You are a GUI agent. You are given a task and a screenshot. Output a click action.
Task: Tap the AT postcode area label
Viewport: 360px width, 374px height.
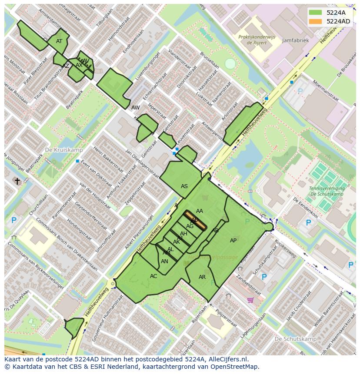pos(59,41)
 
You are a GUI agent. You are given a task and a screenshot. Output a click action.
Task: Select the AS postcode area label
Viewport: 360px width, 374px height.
pos(184,186)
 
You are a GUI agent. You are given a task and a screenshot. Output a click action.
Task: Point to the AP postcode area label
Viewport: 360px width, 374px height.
pos(233,241)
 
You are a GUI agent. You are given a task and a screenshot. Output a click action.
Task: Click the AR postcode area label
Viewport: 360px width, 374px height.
pos(202,277)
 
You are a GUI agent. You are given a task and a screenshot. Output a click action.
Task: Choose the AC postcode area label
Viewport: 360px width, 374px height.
pos(153,276)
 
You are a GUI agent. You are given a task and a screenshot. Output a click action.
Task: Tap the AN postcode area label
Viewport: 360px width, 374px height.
pos(164,261)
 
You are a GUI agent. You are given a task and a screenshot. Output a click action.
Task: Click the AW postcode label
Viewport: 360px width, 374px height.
pos(136,107)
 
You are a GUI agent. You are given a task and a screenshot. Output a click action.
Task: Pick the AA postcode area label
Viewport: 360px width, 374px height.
pos(200,211)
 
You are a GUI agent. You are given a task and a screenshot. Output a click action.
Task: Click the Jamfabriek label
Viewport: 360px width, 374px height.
pos(295,40)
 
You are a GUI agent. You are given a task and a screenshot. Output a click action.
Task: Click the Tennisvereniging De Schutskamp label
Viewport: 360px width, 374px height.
pos(327,191)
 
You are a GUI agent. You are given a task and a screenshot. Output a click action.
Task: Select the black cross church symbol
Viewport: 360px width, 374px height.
pos(17,181)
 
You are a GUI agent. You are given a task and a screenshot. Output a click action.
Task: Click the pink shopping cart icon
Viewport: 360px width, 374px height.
pos(250,300)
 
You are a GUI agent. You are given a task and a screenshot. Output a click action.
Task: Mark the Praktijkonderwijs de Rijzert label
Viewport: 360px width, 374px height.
pos(257,40)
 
